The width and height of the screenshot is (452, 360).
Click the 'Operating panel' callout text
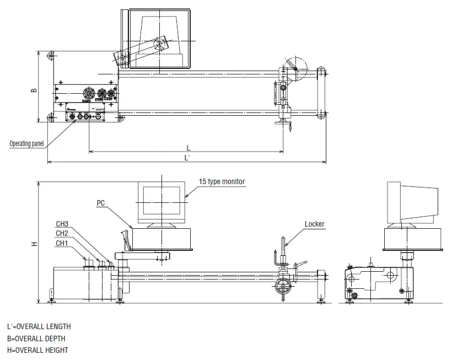click(x=26, y=143)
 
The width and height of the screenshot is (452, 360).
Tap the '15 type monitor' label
click(x=222, y=181)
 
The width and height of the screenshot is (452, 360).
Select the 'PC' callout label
click(x=101, y=203)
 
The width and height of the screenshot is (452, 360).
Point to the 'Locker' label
click(x=315, y=224)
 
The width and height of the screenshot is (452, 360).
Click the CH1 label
click(x=62, y=243)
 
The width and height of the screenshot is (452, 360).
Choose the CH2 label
click(x=62, y=233)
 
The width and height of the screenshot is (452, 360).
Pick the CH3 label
click(x=62, y=224)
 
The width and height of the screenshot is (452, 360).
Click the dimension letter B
click(x=34, y=90)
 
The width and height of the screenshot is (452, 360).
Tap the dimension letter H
click(x=35, y=244)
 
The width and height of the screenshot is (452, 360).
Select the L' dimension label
click(x=187, y=158)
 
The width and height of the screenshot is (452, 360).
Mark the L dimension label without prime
click(x=189, y=148)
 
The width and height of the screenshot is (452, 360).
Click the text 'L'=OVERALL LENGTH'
click(x=39, y=326)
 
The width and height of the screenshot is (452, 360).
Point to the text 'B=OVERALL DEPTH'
click(x=36, y=338)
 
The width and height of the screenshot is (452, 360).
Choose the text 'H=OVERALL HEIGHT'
click(x=38, y=350)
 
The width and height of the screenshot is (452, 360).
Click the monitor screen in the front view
click(x=162, y=200)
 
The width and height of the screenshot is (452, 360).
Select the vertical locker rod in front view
click(x=283, y=250)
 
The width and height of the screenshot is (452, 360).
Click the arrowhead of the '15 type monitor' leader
click(x=186, y=196)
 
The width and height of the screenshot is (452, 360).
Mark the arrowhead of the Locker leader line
click(x=286, y=245)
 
